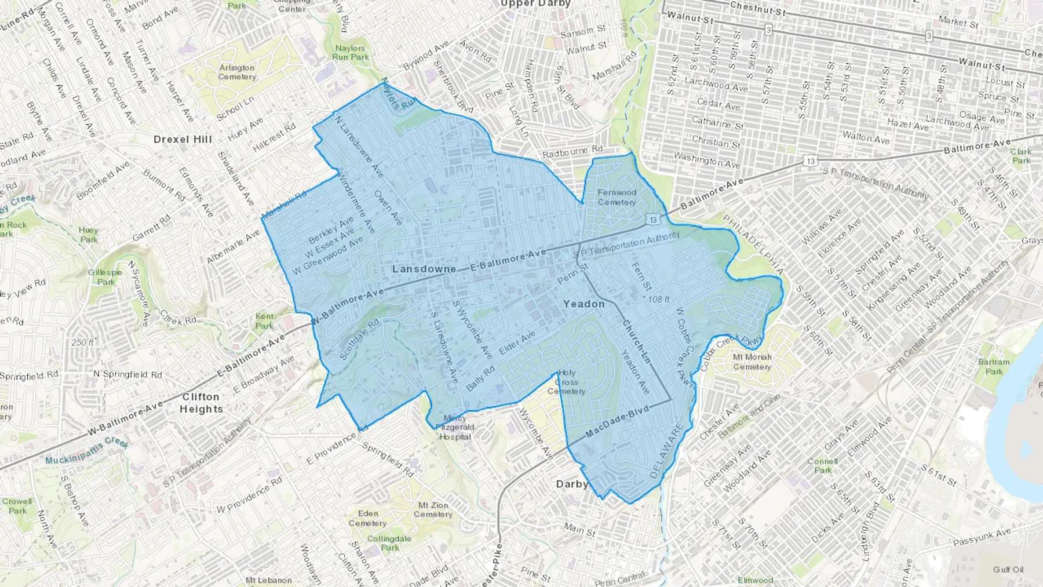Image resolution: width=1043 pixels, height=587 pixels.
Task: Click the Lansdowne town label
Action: click(424, 269)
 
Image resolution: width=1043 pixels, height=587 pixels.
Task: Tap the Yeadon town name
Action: click(584, 304)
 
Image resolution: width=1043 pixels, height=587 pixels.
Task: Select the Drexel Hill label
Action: click(183, 139)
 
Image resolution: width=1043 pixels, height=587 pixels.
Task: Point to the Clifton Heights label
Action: click(201, 403)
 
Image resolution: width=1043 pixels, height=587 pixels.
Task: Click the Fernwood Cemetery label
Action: click(617, 197)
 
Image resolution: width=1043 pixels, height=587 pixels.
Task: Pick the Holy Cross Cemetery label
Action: click(566, 382)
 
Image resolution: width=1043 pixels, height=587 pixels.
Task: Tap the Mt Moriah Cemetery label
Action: click(752, 362)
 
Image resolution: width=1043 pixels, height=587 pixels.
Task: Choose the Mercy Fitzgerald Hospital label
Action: click(455, 427)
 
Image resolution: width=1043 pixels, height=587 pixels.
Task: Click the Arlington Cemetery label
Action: click(237, 72)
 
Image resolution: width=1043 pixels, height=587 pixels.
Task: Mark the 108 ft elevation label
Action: click(658, 299)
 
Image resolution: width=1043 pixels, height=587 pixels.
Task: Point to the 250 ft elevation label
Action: click(82, 342)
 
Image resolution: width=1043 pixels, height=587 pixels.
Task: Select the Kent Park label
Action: click(264, 321)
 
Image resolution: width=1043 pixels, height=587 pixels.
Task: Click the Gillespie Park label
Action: click(105, 277)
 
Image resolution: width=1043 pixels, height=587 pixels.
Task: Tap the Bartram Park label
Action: click(993, 366)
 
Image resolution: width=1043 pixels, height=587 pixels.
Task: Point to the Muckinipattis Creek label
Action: click(87, 451)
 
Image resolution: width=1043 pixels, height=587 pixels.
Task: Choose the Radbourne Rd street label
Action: click(572, 152)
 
